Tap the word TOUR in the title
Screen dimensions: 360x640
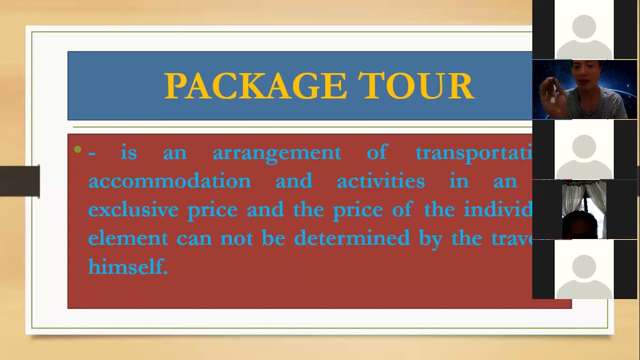[416, 86]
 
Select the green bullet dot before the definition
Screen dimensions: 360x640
[77, 149]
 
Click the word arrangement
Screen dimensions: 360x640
[276, 153]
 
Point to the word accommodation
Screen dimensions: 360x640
[169, 181]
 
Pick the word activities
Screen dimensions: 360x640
[380, 181]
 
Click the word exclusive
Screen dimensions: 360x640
[133, 209]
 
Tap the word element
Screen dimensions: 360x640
[128, 238]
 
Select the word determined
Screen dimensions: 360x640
[351, 238]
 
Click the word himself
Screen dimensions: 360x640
[128, 266]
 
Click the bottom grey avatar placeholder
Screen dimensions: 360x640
[584, 272]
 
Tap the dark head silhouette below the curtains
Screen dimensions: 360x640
[580, 225]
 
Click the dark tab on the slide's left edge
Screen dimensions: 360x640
[19, 180]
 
